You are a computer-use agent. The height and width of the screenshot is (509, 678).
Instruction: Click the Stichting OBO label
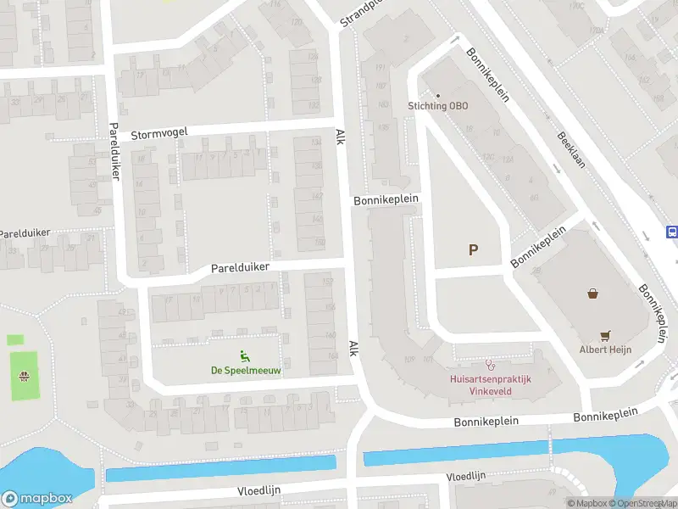point(437,106)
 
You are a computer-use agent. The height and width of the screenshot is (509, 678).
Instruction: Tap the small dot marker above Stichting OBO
point(438,95)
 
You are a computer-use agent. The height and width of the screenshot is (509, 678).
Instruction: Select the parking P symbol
point(473,249)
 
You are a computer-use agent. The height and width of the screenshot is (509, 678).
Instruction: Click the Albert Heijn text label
point(606,349)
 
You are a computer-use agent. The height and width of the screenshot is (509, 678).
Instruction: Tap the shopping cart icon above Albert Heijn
point(605,335)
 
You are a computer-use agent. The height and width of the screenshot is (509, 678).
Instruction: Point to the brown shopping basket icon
point(593,294)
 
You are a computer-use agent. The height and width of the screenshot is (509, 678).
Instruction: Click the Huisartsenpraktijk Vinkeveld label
point(489,385)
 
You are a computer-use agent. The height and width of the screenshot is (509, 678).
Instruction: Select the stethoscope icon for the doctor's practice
point(489,365)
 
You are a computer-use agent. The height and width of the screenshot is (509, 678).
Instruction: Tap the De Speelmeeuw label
point(246,370)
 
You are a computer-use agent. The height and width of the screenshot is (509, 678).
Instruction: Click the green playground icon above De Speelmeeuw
point(246,355)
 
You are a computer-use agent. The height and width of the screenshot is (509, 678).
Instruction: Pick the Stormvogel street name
point(159,132)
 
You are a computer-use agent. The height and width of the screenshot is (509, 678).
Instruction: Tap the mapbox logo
point(36,498)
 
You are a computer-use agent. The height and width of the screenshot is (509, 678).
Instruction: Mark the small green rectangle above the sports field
point(15,339)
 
